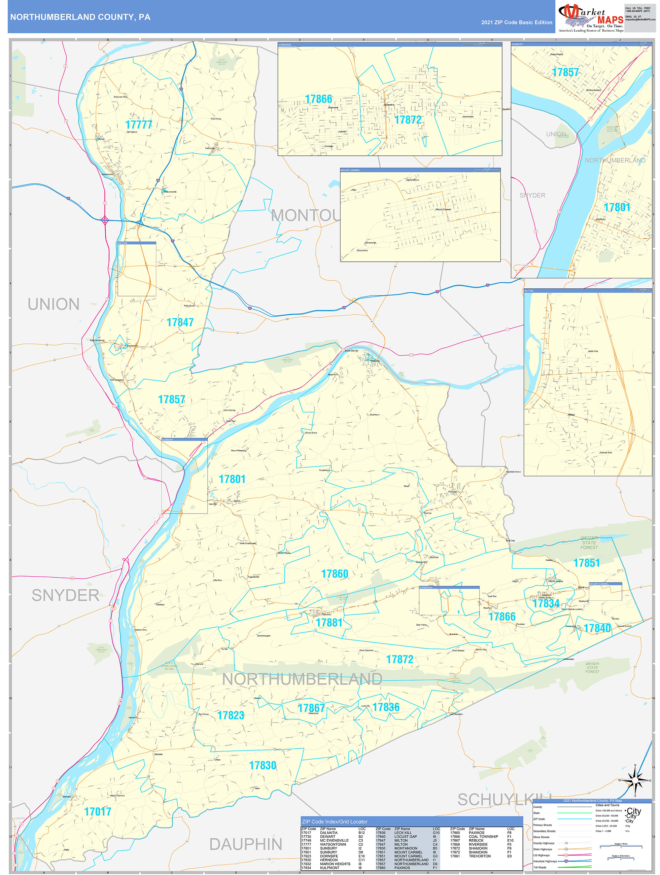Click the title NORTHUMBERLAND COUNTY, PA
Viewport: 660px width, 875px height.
pos(80,17)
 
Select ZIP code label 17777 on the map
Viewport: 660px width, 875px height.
pos(138,125)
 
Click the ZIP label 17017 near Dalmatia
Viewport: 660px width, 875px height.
pos(98,812)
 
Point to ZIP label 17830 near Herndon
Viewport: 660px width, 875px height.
pos(262,765)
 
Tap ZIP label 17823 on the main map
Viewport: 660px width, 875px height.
pos(231,715)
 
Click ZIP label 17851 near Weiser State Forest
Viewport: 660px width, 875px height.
pos(586,563)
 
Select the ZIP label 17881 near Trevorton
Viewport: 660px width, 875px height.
pos(329,623)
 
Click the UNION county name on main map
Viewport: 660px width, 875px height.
pos(54,305)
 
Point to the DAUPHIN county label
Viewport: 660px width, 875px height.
pos(245,844)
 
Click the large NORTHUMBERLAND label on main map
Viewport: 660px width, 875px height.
pos(302,679)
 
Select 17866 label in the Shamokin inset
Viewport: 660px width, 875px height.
pos(318,99)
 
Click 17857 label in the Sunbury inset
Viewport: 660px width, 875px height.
pos(565,72)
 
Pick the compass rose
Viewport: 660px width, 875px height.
pos(635,780)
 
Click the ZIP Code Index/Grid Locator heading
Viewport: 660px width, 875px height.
pos(334,821)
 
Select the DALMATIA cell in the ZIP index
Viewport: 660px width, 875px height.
pos(328,833)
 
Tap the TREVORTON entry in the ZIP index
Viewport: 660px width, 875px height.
pos(480,856)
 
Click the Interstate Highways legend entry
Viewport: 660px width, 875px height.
pos(545,861)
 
